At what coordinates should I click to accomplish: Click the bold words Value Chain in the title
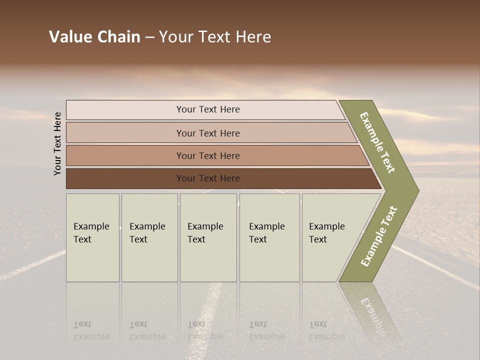94,37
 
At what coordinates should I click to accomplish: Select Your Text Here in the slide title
215,37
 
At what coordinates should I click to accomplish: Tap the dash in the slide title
149,37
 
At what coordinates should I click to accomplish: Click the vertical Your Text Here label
57,143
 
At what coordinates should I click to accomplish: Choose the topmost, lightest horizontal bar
207,109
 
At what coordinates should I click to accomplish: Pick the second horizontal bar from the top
207,133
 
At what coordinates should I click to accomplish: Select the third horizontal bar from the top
207,155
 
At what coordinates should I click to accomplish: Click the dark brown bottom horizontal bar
207,178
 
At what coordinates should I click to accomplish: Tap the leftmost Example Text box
92,237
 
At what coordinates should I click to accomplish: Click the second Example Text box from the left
149,237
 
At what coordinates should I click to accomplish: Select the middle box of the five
208,237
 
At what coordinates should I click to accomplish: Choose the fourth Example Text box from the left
269,237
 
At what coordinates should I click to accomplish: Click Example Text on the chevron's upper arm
377,142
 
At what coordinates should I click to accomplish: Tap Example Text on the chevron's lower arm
378,236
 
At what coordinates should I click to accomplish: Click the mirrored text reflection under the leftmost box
91,330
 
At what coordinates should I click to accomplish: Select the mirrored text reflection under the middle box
205,330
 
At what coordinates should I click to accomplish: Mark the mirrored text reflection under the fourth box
266,330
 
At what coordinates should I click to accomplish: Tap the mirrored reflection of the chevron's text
372,312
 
